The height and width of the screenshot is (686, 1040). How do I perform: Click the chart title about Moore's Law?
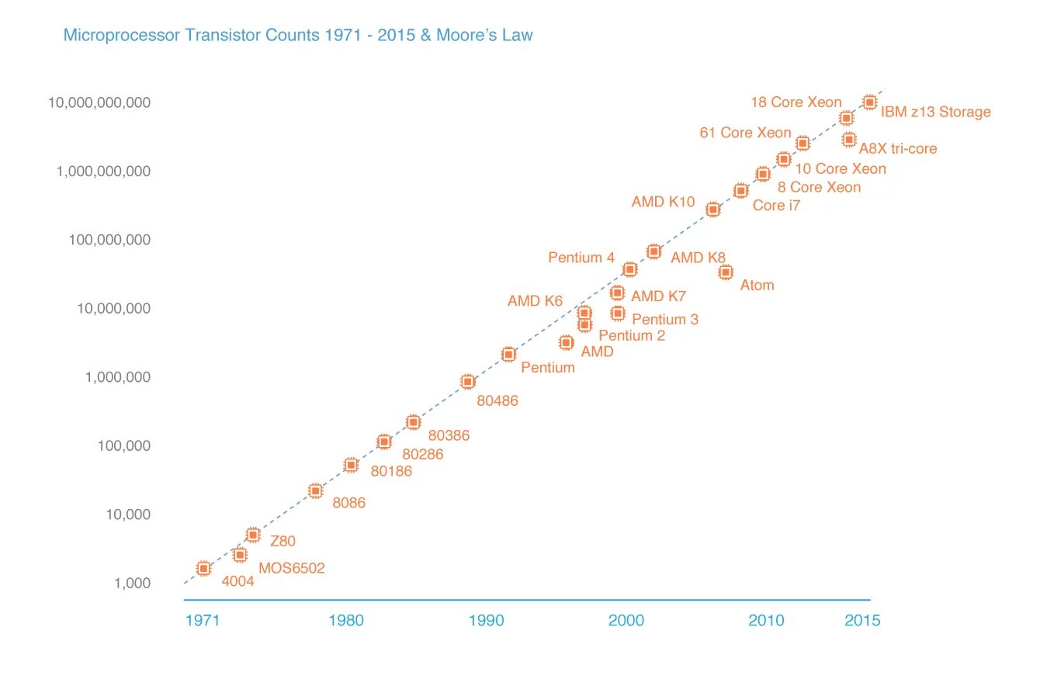pos(298,35)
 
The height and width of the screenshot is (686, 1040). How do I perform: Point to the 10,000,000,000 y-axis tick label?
pos(99,102)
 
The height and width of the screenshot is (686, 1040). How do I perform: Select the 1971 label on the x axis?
pos(203,621)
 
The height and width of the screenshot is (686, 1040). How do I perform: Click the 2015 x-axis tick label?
pos(862,621)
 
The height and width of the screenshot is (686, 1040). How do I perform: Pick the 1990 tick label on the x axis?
pos(486,621)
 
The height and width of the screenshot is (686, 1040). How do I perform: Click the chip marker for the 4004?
pos(204,569)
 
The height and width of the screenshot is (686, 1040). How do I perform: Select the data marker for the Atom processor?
pos(726,272)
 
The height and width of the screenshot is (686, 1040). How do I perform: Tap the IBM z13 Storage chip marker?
pos(869,102)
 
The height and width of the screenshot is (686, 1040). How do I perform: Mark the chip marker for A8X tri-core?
pos(849,140)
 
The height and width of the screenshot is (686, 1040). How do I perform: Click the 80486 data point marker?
pos(468,382)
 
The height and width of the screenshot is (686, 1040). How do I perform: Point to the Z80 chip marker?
pos(253,535)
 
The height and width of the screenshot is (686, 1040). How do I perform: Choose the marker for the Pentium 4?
pos(630,269)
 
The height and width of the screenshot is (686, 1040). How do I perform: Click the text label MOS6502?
pos(292,569)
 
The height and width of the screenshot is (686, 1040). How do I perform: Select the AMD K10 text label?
pos(663,202)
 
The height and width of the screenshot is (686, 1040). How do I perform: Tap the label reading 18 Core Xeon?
pos(796,102)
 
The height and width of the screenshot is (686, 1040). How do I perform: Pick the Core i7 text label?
pos(776,206)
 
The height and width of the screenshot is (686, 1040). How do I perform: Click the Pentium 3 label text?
pos(665,320)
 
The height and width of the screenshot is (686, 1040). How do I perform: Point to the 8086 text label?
pos(348,503)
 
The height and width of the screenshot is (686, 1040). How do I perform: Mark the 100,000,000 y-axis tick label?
pos(109,240)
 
